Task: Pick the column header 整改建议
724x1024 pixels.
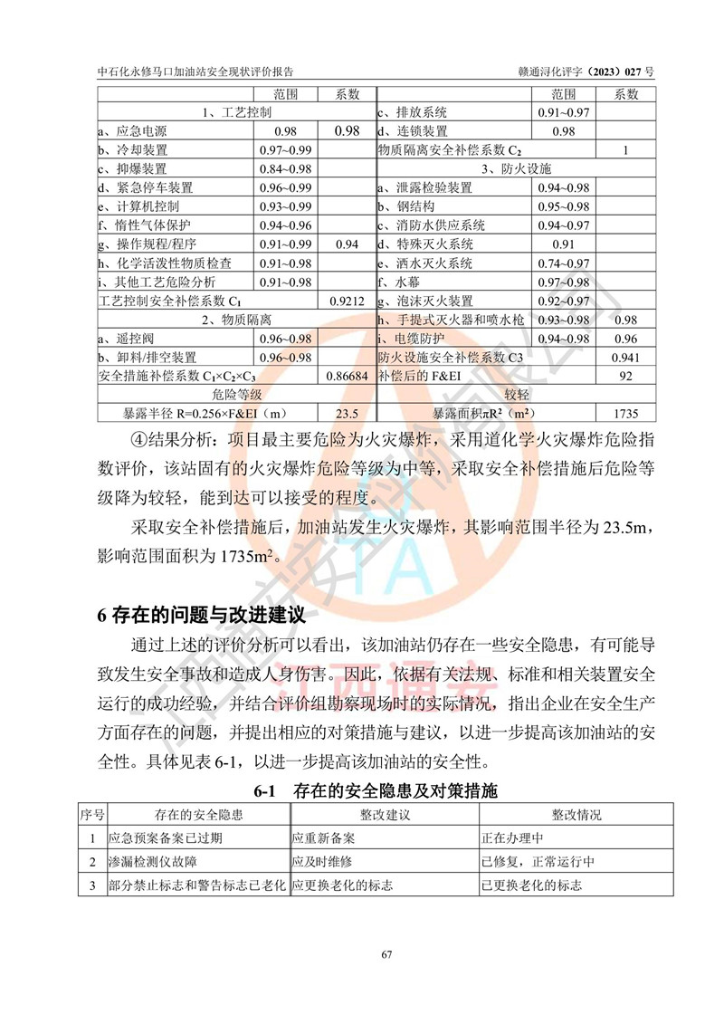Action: click(386, 815)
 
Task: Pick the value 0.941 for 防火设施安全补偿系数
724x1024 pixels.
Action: click(625, 358)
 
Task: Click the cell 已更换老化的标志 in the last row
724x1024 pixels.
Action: click(531, 884)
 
